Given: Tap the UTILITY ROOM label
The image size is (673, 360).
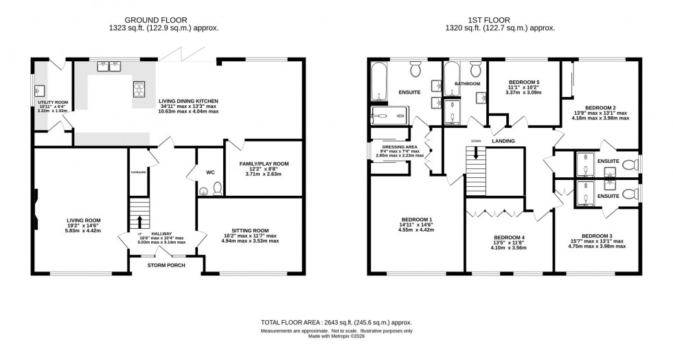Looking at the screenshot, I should pos(50,102).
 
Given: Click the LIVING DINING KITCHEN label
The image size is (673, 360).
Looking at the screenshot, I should pos(187,100).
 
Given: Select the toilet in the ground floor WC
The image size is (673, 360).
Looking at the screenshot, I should pos(217,188).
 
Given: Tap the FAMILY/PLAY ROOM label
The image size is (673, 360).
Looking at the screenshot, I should pos(264,164).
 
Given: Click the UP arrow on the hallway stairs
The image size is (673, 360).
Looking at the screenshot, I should pos(139,221).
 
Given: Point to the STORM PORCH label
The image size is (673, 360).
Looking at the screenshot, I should pos(165,264).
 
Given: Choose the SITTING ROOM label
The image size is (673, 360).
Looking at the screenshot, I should pos(250,231).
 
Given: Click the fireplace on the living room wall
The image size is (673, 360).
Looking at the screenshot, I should pos(34,206).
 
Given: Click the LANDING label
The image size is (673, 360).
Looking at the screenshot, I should pos(503,141).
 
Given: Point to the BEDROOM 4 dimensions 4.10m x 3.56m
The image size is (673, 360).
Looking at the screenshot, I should pos(510,248).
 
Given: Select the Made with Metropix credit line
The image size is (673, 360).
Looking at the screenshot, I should pos(336,337).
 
